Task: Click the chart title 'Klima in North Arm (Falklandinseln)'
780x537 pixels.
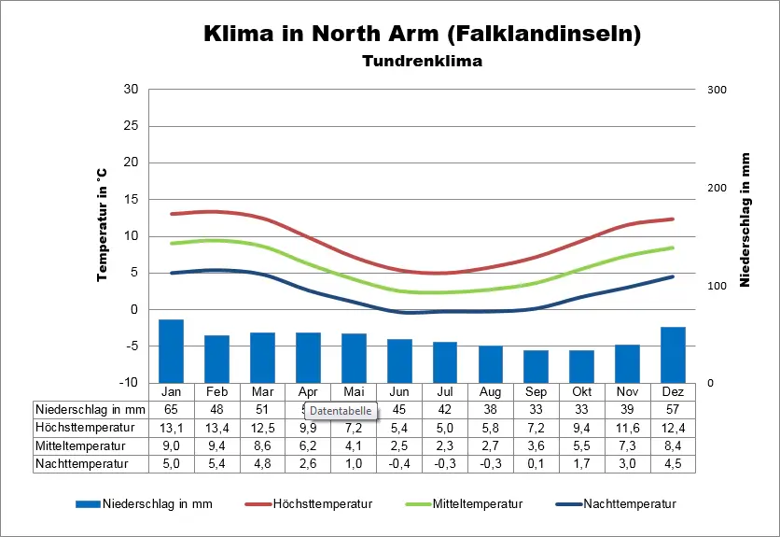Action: click(422, 35)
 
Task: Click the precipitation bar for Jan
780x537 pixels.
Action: click(171, 350)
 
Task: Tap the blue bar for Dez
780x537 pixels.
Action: click(673, 354)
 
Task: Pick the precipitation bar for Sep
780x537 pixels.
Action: click(536, 366)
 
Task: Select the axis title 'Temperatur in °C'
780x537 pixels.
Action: click(103, 227)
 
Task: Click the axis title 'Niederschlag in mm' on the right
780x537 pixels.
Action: click(745, 220)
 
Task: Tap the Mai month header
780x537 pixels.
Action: click(354, 391)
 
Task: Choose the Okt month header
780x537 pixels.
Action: click(581, 391)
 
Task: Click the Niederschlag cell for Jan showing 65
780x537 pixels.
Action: click(171, 409)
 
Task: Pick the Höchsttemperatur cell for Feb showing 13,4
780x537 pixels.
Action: click(216, 427)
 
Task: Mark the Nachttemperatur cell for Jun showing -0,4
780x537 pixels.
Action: click(399, 462)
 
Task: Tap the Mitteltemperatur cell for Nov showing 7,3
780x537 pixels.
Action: click(627, 445)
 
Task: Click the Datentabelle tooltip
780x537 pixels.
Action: click(341, 411)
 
